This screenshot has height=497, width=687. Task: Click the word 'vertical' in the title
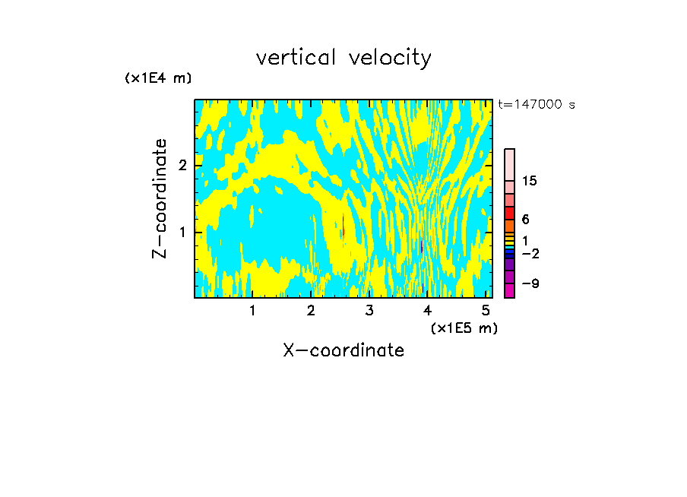click(x=293, y=58)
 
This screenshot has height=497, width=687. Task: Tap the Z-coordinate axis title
click(x=160, y=198)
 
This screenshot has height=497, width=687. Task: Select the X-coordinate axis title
click(x=343, y=350)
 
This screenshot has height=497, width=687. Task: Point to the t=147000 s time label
click(x=536, y=104)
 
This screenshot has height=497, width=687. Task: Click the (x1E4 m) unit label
click(x=158, y=78)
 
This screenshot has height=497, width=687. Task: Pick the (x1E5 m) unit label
click(x=464, y=328)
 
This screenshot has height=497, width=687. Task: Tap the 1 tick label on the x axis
click(x=252, y=311)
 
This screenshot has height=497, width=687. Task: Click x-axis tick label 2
click(x=311, y=311)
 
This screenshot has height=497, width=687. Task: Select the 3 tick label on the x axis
click(x=369, y=311)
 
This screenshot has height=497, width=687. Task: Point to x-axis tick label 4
click(x=428, y=311)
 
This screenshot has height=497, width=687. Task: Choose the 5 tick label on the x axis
click(x=486, y=311)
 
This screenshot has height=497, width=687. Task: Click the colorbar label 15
click(x=530, y=181)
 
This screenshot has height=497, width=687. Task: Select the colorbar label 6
click(x=526, y=220)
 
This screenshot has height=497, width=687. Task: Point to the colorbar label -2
click(x=530, y=253)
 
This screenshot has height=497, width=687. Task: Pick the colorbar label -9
click(x=530, y=283)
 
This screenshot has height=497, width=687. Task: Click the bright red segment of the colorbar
click(x=509, y=213)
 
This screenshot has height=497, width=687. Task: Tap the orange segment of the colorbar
click(x=509, y=226)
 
